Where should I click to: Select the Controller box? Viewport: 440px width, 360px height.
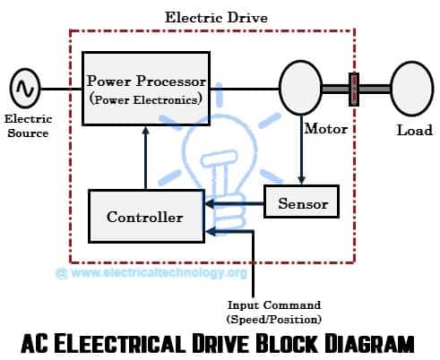(144, 216)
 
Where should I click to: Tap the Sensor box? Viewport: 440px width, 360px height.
(302, 203)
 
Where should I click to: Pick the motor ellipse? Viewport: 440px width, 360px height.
(300, 90)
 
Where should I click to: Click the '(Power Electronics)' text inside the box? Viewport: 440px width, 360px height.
(144, 99)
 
